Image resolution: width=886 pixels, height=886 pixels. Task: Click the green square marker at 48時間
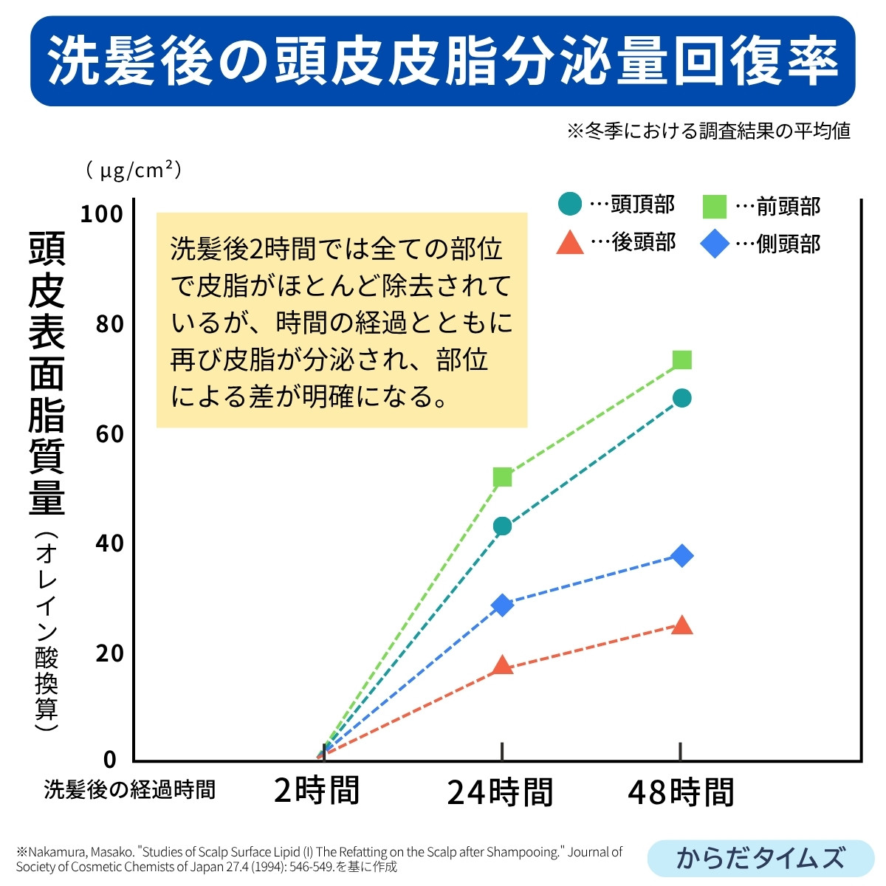(x=682, y=360)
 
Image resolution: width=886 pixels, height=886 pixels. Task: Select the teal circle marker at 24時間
(x=502, y=526)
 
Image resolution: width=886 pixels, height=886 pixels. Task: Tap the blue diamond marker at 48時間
(x=682, y=555)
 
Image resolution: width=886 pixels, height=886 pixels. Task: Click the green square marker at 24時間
(x=502, y=477)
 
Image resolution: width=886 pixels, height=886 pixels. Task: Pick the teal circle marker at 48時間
(x=682, y=399)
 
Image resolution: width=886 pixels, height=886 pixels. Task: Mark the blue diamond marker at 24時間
(x=502, y=605)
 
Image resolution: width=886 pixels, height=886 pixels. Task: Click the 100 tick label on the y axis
(x=101, y=214)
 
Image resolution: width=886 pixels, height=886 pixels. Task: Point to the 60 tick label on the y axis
(x=109, y=434)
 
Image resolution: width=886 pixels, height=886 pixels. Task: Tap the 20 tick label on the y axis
(x=109, y=653)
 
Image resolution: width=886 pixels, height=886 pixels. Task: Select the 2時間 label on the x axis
(x=316, y=791)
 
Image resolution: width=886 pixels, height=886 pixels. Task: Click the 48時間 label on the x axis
(x=681, y=792)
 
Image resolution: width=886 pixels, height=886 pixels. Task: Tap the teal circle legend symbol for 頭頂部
(x=569, y=204)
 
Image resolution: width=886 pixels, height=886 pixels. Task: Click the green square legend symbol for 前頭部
(x=714, y=207)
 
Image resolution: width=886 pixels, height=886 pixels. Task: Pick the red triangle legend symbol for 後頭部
(x=569, y=243)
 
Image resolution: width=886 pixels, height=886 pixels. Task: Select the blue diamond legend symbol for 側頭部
(x=714, y=244)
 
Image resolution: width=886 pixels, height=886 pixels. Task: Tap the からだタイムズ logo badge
(x=760, y=858)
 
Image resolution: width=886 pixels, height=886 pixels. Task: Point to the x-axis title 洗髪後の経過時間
(x=130, y=789)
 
